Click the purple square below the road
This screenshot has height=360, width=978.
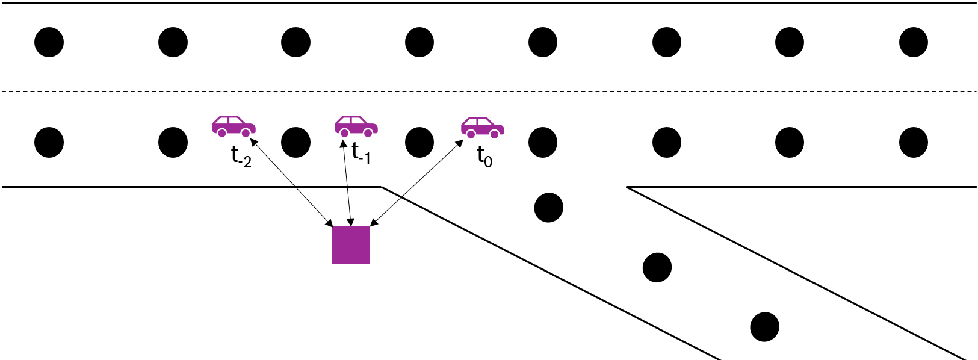(351, 244)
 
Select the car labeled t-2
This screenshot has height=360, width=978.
(234, 126)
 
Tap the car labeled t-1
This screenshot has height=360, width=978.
(356, 126)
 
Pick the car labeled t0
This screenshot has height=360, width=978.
(482, 127)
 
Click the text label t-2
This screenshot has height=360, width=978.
(241, 157)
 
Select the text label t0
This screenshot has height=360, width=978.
(484, 157)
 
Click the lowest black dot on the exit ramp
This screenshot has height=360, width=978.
(764, 327)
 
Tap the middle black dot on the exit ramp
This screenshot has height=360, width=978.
(657, 267)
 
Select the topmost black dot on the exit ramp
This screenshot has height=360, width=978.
(549, 208)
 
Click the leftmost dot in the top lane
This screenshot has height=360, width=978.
(49, 42)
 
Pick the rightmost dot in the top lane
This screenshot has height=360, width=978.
(913, 42)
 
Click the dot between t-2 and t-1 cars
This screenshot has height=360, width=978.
(296, 143)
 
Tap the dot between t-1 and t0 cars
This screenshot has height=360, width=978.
(419, 143)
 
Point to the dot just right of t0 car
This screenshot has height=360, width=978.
(543, 143)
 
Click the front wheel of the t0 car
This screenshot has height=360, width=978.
(494, 134)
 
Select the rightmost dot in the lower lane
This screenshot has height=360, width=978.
(913, 143)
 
